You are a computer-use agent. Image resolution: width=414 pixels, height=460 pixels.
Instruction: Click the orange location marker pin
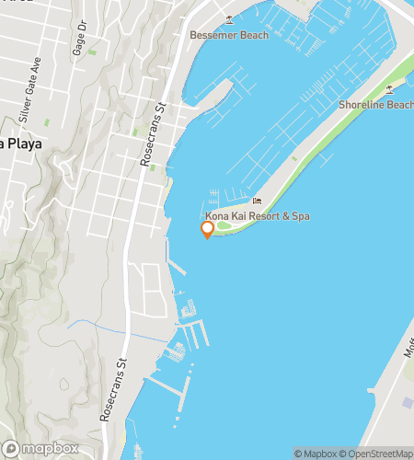coord(208,229)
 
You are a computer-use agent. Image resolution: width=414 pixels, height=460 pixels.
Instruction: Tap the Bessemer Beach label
coord(229,35)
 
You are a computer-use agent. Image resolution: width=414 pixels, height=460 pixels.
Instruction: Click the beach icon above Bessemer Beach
coord(230,19)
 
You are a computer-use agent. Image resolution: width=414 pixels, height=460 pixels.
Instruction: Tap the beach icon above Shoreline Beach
coord(390,89)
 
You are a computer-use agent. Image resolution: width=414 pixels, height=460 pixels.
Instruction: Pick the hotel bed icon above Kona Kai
coord(259,201)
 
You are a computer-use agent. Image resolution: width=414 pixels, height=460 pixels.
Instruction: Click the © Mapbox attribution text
coord(316,453)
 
